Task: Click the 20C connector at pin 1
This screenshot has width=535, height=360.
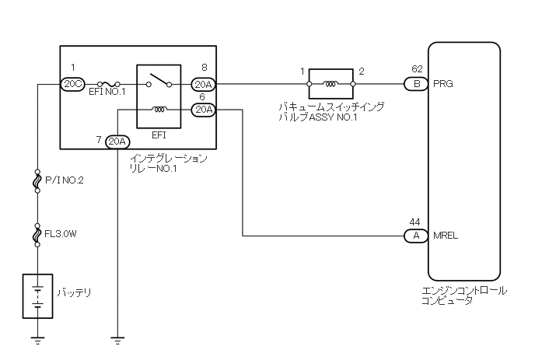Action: tap(72, 84)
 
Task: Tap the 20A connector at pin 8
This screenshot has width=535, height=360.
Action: tap(203, 84)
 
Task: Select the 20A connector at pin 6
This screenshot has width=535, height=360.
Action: tap(203, 110)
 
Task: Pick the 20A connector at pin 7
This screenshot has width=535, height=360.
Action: tap(117, 141)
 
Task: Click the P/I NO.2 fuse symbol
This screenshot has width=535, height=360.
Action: tap(37, 180)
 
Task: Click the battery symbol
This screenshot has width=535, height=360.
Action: tap(37, 295)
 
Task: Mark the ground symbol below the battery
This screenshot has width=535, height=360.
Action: tap(37, 338)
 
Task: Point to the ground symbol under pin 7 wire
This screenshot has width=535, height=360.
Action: tap(117, 338)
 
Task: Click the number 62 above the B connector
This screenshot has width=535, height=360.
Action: tap(416, 69)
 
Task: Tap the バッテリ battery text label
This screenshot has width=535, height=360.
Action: tap(74, 293)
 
